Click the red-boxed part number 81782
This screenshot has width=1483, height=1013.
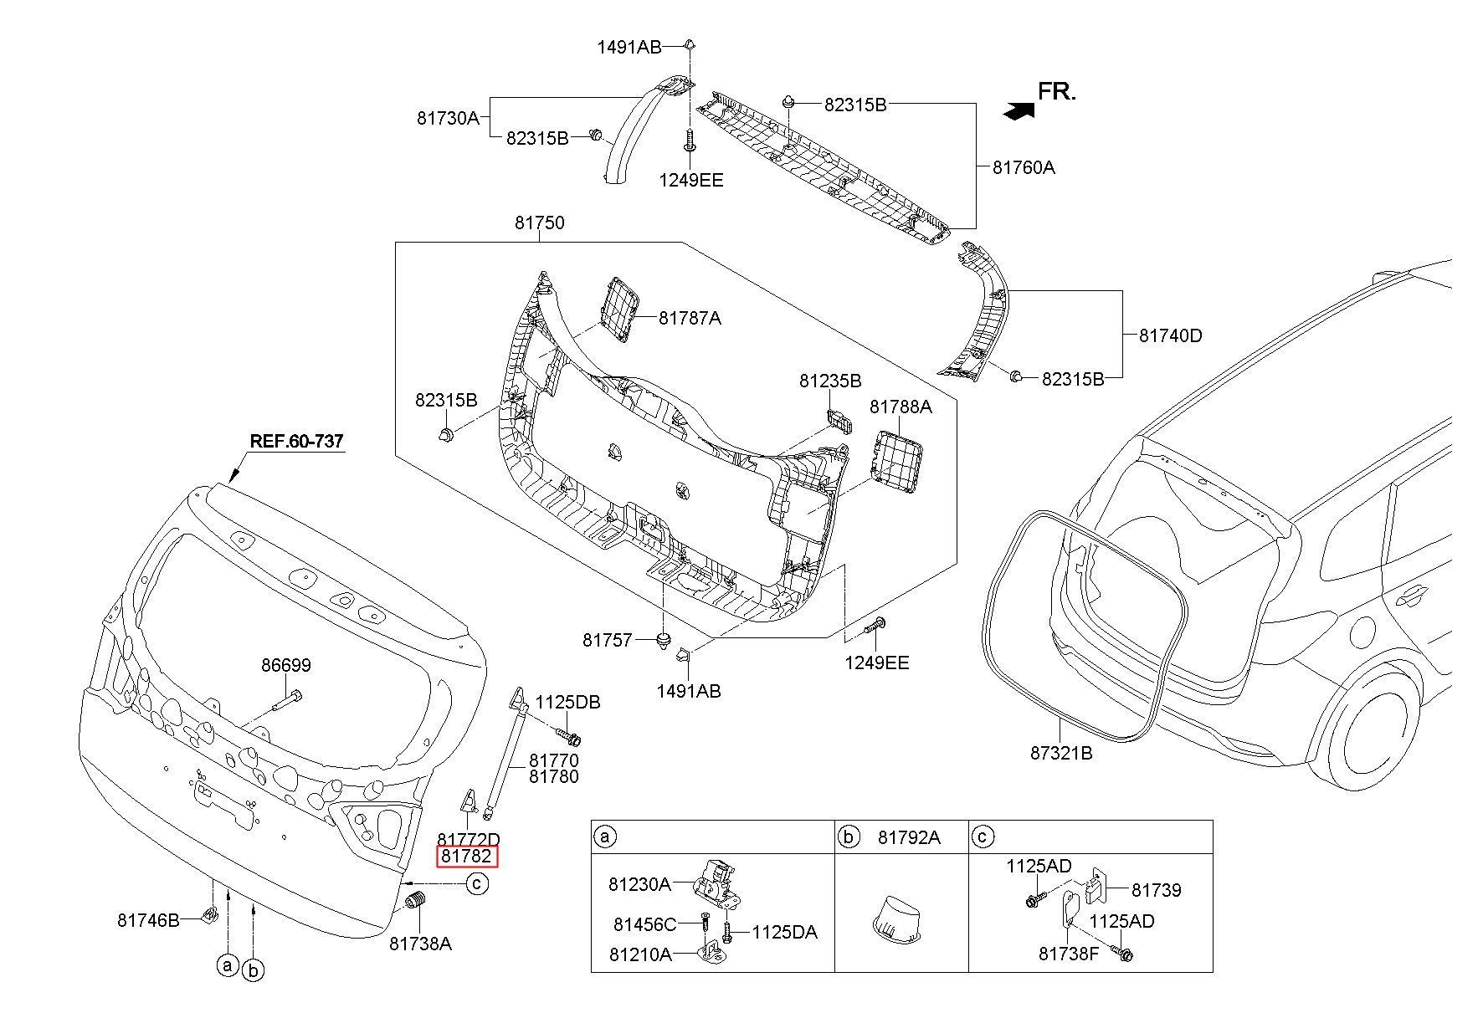[467, 857]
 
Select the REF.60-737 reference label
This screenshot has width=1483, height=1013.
[297, 442]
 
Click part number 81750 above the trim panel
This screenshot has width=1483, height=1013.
[539, 223]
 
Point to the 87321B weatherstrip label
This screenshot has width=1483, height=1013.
[1061, 753]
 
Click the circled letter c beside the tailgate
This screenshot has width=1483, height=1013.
[477, 883]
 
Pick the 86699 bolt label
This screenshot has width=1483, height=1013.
[285, 666]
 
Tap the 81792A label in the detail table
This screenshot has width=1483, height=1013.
[909, 836]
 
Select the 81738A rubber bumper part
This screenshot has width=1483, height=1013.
[417, 905]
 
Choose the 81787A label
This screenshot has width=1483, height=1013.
[690, 318]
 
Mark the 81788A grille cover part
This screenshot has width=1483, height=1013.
[898, 456]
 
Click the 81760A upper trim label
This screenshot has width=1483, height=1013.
[1024, 167]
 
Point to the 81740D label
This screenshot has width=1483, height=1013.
[1170, 335]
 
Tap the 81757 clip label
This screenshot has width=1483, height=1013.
[608, 641]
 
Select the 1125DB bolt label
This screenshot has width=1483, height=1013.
[568, 703]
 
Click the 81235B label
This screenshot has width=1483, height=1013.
[830, 381]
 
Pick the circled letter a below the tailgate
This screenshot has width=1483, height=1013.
[228, 965]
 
